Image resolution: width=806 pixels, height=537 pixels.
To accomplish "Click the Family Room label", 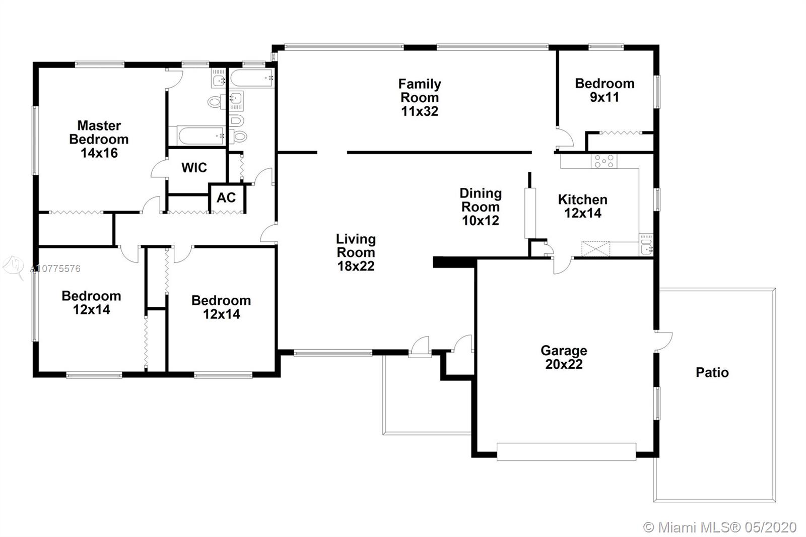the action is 420,91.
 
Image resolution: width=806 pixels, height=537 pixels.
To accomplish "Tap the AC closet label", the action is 226,197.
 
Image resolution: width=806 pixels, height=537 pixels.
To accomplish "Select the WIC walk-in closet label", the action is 194,167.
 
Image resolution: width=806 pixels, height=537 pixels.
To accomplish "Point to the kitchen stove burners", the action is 604,161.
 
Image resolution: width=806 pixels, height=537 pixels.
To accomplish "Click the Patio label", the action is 712,372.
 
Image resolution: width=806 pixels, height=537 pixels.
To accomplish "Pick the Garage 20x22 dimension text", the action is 564,364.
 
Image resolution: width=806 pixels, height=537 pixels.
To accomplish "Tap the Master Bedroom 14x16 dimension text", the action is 99,153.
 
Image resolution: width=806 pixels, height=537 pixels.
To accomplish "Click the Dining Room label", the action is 481,200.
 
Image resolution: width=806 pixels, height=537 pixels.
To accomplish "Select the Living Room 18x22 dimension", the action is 356,266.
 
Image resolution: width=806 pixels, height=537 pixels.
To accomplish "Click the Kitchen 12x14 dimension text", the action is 582,213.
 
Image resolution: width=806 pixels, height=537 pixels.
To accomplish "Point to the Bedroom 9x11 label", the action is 604,90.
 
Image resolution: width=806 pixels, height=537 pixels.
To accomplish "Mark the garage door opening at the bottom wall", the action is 566,452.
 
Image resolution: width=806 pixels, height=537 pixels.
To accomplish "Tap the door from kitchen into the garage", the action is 562,265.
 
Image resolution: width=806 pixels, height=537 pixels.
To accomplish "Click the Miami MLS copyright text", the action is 720,527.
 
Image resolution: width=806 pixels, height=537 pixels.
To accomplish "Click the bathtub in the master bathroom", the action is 199,136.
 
